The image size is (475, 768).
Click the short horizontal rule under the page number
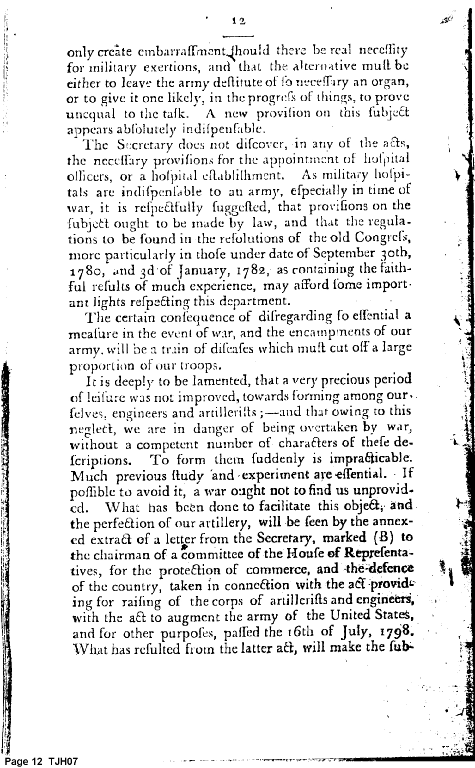coord(238,36)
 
